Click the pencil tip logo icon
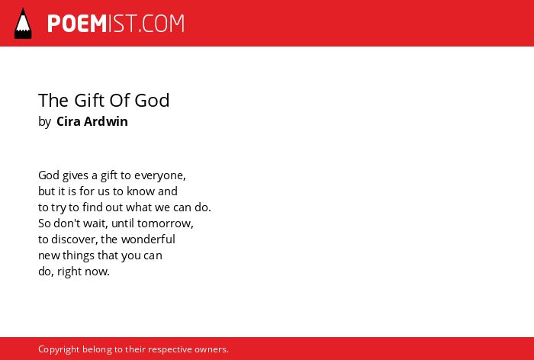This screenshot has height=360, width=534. [x=23, y=23]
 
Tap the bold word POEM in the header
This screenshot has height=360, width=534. [x=77, y=24]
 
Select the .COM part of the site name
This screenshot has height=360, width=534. [x=162, y=24]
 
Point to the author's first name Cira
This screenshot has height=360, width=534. [x=69, y=121]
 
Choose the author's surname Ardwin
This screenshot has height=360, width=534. [x=106, y=121]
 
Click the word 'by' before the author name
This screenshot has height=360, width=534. [x=44, y=121]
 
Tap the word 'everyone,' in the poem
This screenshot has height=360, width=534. [x=160, y=175]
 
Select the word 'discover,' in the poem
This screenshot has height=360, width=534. [x=75, y=239]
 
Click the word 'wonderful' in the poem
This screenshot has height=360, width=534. [x=148, y=239]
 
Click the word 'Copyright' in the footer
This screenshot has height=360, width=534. [x=59, y=349]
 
